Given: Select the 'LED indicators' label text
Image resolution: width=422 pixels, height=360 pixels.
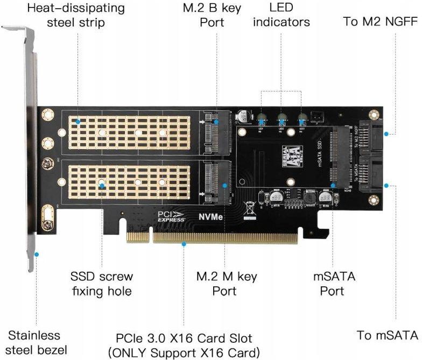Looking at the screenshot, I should pyautogui.click(x=282, y=16).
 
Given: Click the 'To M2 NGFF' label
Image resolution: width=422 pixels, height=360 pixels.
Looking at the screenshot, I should pyautogui.click(x=381, y=22).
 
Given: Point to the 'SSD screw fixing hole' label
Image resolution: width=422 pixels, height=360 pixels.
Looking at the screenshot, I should pyautogui.click(x=101, y=284).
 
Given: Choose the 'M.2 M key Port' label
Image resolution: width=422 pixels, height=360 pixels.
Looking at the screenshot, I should pyautogui.click(x=226, y=284).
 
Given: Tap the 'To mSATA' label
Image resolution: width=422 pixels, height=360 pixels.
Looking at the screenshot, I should pyautogui.click(x=387, y=335).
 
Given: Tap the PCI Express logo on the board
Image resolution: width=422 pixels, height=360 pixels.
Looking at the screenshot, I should pyautogui.click(x=171, y=216).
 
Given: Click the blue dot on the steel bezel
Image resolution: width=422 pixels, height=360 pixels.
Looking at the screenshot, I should pyautogui.click(x=36, y=254).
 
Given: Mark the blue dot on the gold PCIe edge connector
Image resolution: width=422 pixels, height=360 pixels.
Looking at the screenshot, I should pyautogui.click(x=184, y=244).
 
